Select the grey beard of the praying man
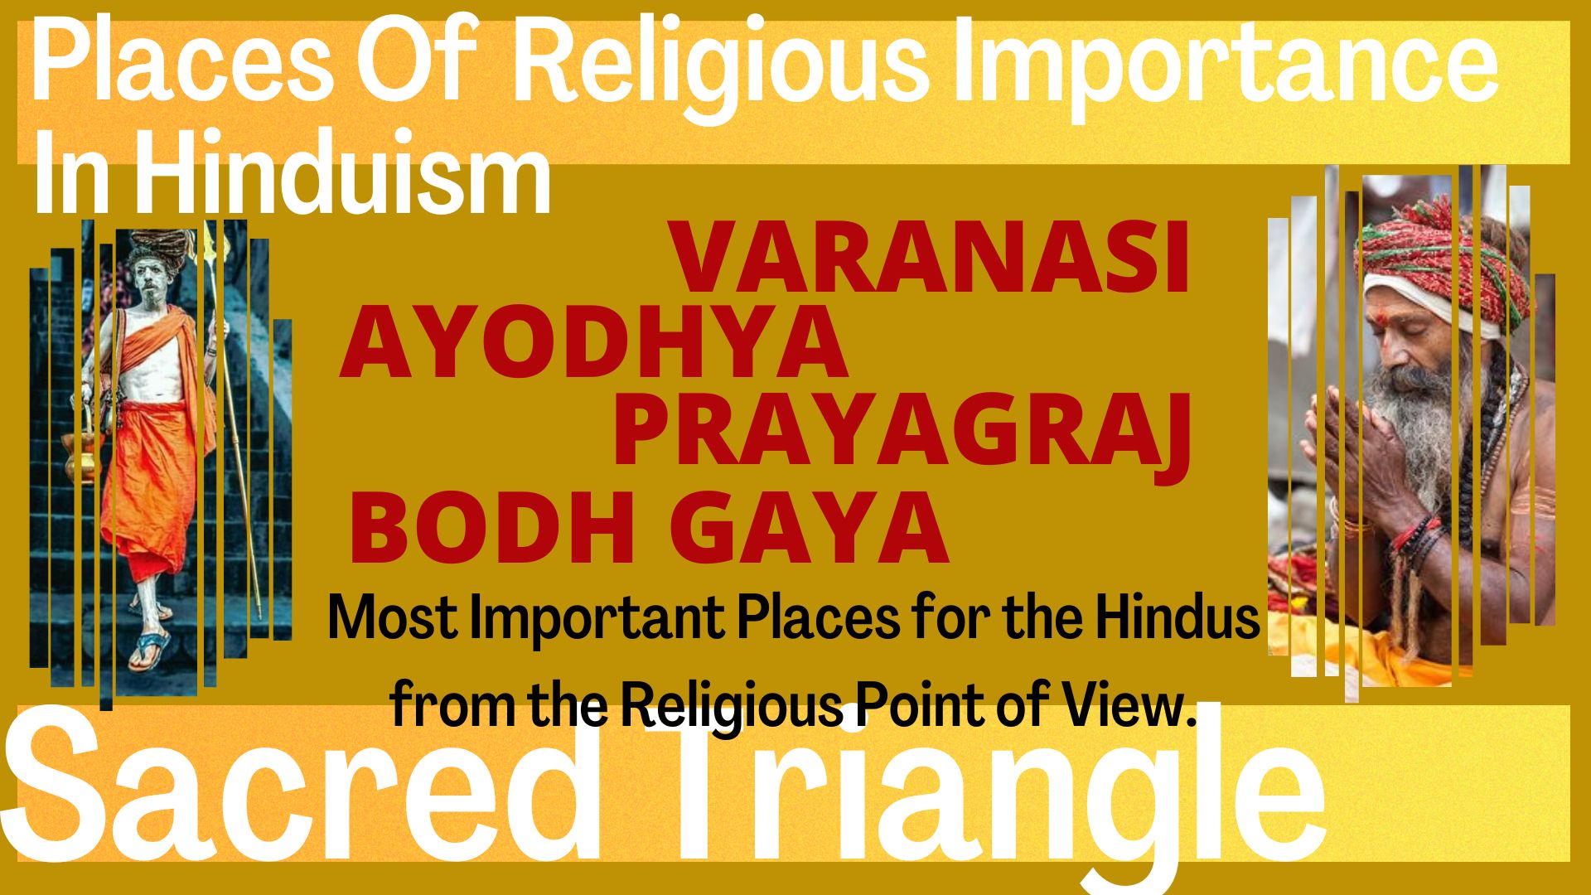1413,423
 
